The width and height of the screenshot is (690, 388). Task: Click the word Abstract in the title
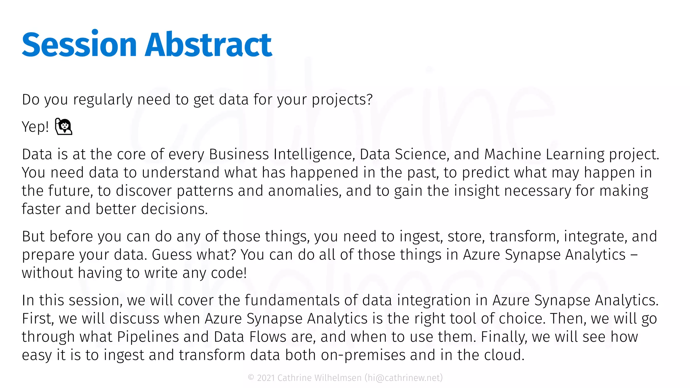[x=208, y=45]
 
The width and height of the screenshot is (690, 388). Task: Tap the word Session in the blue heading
[x=79, y=45]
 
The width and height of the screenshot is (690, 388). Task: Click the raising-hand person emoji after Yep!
[x=64, y=127]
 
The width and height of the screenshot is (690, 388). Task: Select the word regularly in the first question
[x=103, y=100]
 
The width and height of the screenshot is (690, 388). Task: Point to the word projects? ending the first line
[x=342, y=100]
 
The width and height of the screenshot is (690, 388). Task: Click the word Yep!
[x=35, y=127]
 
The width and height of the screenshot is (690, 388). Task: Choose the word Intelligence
[x=314, y=154]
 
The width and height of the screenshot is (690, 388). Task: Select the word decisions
[x=174, y=209]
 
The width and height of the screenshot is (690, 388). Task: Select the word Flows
[x=268, y=337]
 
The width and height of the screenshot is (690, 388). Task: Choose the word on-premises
[x=363, y=355]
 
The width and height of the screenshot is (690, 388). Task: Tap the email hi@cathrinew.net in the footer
[x=404, y=378]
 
